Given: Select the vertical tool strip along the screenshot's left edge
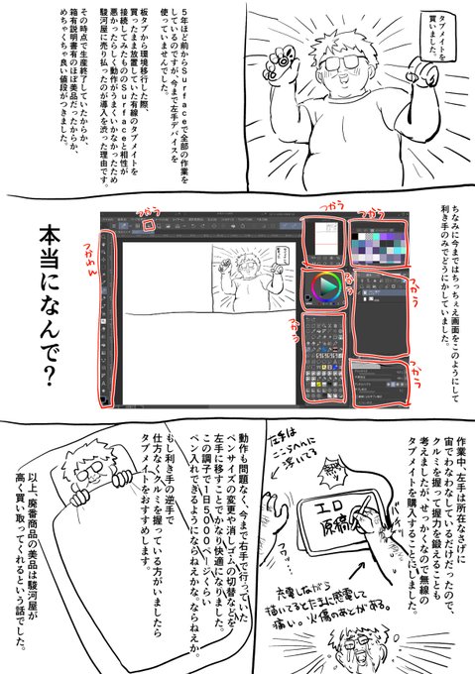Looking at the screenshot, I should (x=106, y=317).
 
